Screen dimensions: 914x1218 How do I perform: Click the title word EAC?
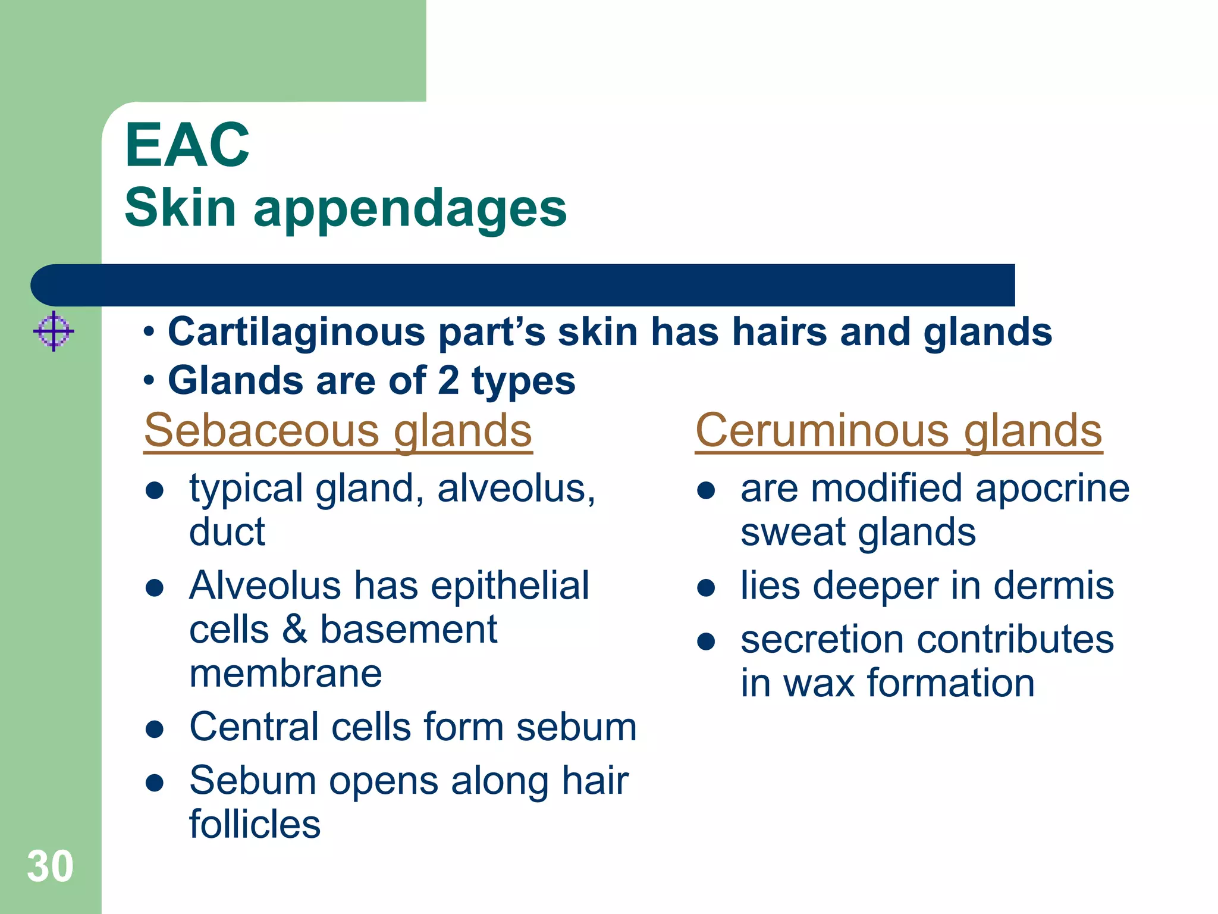187,146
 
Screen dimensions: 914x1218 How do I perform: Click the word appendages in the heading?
410,208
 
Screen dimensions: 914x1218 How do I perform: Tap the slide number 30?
50,866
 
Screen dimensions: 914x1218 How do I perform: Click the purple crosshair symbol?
54,331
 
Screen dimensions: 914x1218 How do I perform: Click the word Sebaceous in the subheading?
262,430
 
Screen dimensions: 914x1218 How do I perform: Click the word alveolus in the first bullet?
515,489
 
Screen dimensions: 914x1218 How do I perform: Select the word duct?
227,532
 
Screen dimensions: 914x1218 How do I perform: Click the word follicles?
255,825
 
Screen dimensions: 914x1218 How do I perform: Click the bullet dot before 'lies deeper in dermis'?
705,589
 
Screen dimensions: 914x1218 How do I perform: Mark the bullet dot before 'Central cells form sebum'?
155,730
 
